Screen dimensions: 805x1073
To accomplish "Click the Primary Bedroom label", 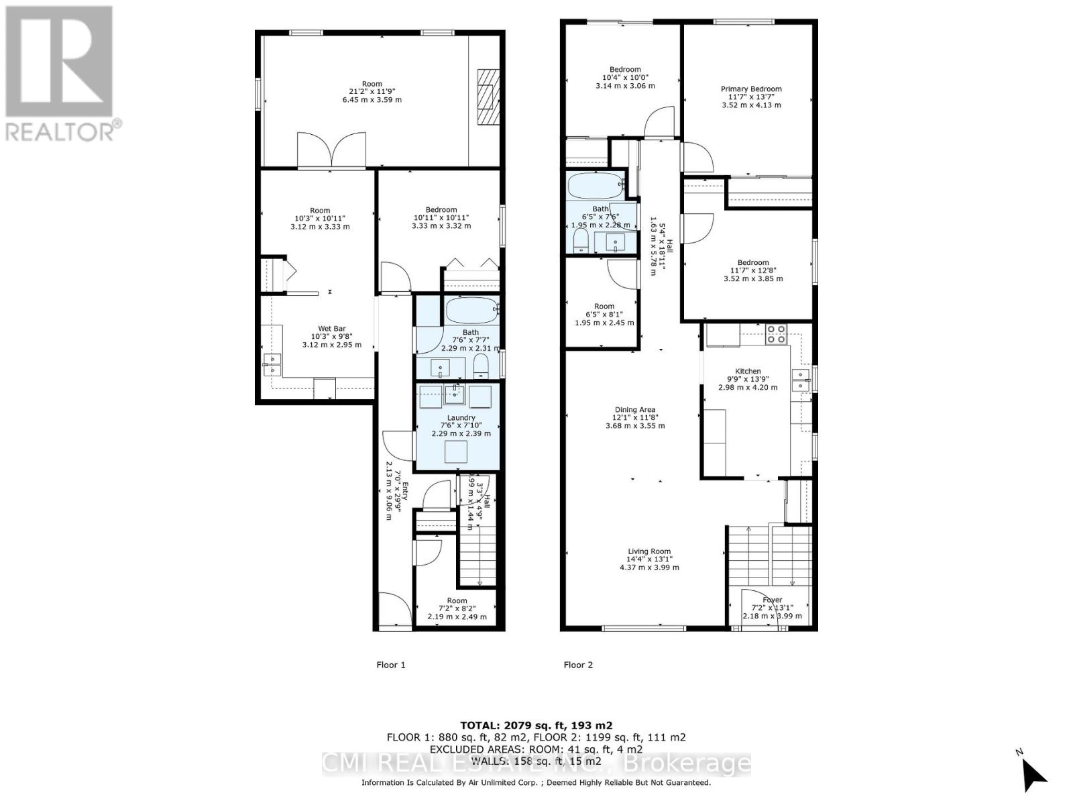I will [751, 97].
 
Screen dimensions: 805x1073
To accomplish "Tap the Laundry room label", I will [461, 425].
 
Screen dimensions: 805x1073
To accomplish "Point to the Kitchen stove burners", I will [776, 334].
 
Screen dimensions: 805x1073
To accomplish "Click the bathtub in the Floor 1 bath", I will [471, 310].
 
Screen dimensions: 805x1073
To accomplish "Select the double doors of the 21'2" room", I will [332, 151].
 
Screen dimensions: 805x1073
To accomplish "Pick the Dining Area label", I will [635, 417].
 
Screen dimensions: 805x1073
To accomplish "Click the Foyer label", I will [772, 608].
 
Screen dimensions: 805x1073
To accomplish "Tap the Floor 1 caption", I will [390, 665].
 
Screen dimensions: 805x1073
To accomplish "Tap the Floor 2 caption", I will [578, 665].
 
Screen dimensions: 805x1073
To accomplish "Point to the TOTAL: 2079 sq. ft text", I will [536, 725].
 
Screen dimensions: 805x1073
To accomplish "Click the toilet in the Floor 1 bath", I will [481, 366].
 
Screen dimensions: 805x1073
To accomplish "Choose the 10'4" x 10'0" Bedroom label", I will [625, 77].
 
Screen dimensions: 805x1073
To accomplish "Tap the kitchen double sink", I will [800, 380].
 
